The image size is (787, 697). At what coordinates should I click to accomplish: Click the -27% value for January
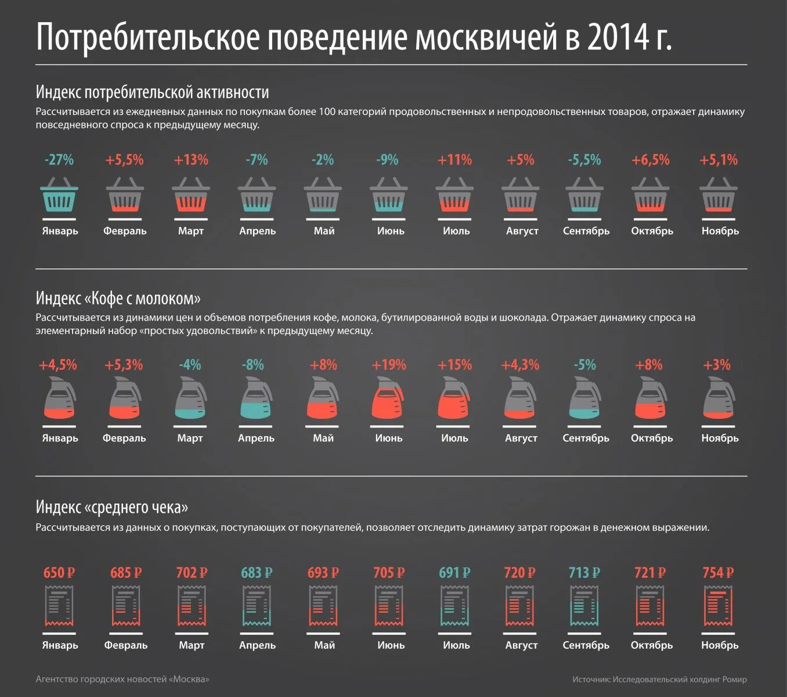pos(59,160)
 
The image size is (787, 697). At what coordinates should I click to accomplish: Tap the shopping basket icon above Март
pos(191,196)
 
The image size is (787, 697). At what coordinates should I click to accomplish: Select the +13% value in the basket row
pos(191,160)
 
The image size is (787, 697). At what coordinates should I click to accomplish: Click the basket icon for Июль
pos(455,196)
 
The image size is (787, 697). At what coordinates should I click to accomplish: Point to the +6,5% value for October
pos(651,160)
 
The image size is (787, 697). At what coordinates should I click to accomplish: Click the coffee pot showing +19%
pos(388,398)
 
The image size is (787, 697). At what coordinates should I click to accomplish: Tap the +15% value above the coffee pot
pos(454,365)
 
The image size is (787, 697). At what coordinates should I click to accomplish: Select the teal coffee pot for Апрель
pos(256,398)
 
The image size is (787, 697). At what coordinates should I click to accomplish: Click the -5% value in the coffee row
pos(585,365)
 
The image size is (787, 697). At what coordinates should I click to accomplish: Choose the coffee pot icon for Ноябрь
pos(719,398)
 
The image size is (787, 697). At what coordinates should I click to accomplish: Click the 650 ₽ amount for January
pos(59,573)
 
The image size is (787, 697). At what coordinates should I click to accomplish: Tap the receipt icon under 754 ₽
pos(719,606)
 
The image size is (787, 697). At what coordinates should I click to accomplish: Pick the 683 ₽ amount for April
pos(257,573)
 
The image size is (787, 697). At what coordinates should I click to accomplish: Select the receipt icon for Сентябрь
pos(585,606)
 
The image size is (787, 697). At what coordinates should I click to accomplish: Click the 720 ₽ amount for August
pos(519,573)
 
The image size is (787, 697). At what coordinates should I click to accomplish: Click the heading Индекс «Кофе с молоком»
pos(118,299)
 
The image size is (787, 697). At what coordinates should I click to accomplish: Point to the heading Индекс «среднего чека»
pos(112,507)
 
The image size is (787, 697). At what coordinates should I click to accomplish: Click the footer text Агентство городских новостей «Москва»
pos(122,679)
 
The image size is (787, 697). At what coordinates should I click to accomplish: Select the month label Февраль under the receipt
pos(126,645)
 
